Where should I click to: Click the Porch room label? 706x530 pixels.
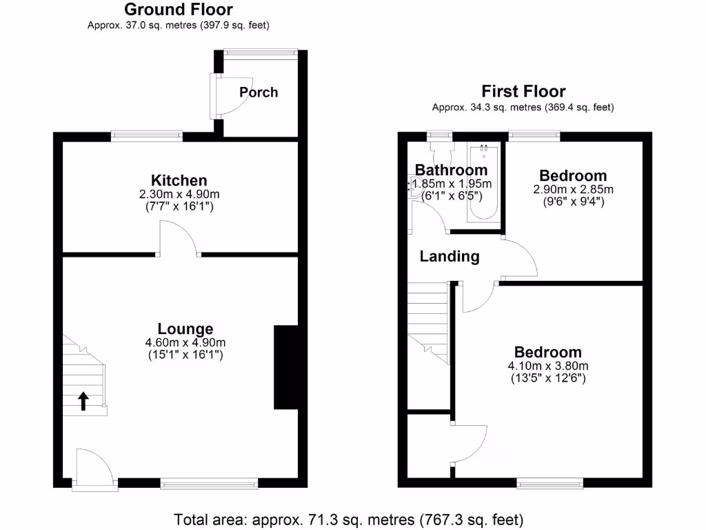[x=259, y=92]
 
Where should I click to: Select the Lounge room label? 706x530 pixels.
[x=185, y=329]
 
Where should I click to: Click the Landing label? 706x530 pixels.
[x=450, y=257]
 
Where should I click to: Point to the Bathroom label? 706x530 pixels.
[x=451, y=170]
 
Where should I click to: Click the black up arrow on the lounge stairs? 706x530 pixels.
[x=83, y=401]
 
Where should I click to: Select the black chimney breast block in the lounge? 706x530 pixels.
[x=285, y=367]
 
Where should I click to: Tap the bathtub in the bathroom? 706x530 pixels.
[x=483, y=184]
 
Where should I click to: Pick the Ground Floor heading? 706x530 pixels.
[x=178, y=10]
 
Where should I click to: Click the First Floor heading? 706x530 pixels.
[x=523, y=91]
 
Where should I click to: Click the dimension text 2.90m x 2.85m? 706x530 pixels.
[x=573, y=189]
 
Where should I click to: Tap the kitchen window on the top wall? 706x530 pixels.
[x=147, y=137]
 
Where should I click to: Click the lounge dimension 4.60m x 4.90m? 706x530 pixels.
[x=185, y=342]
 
